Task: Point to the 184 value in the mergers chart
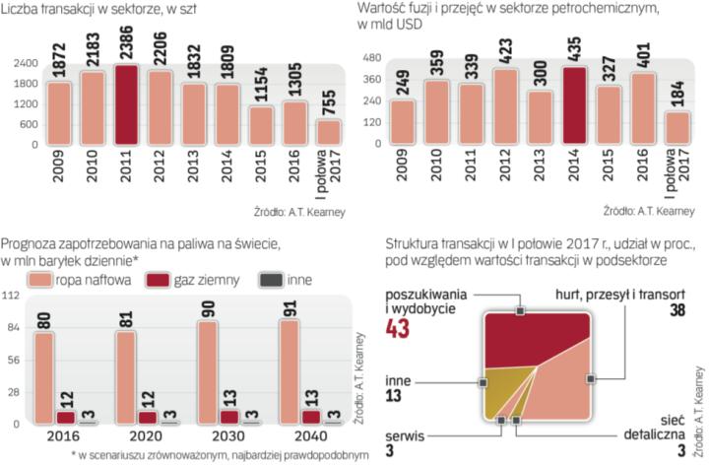coord(678,86)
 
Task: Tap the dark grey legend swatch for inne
coord(268,281)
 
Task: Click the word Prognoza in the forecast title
coord(31,243)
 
